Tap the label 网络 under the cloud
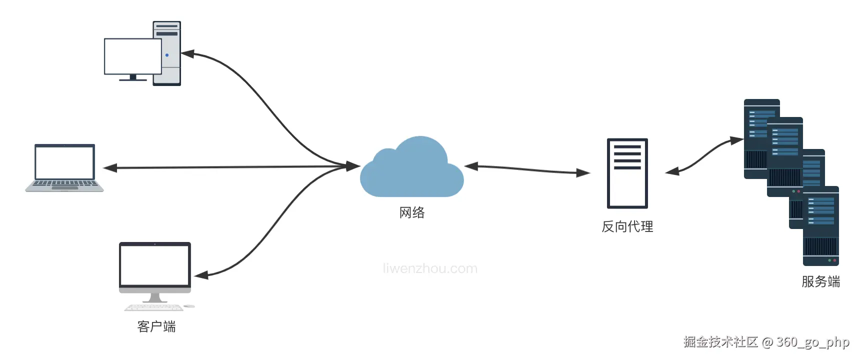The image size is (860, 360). pos(412,212)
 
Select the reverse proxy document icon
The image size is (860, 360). pos(627,173)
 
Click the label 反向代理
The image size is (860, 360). pos(627,226)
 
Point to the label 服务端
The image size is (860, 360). pos(820,281)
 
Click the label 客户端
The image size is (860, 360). pos(156,326)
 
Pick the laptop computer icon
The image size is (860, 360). pos(64,167)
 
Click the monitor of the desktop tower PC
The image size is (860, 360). pos(132,56)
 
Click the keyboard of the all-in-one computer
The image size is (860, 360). pos(153,307)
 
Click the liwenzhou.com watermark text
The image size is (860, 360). pos(430,268)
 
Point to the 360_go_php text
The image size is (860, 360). pos(812,342)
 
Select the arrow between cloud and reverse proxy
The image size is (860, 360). pos(527,169)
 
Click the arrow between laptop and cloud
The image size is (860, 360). pos(230,167)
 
